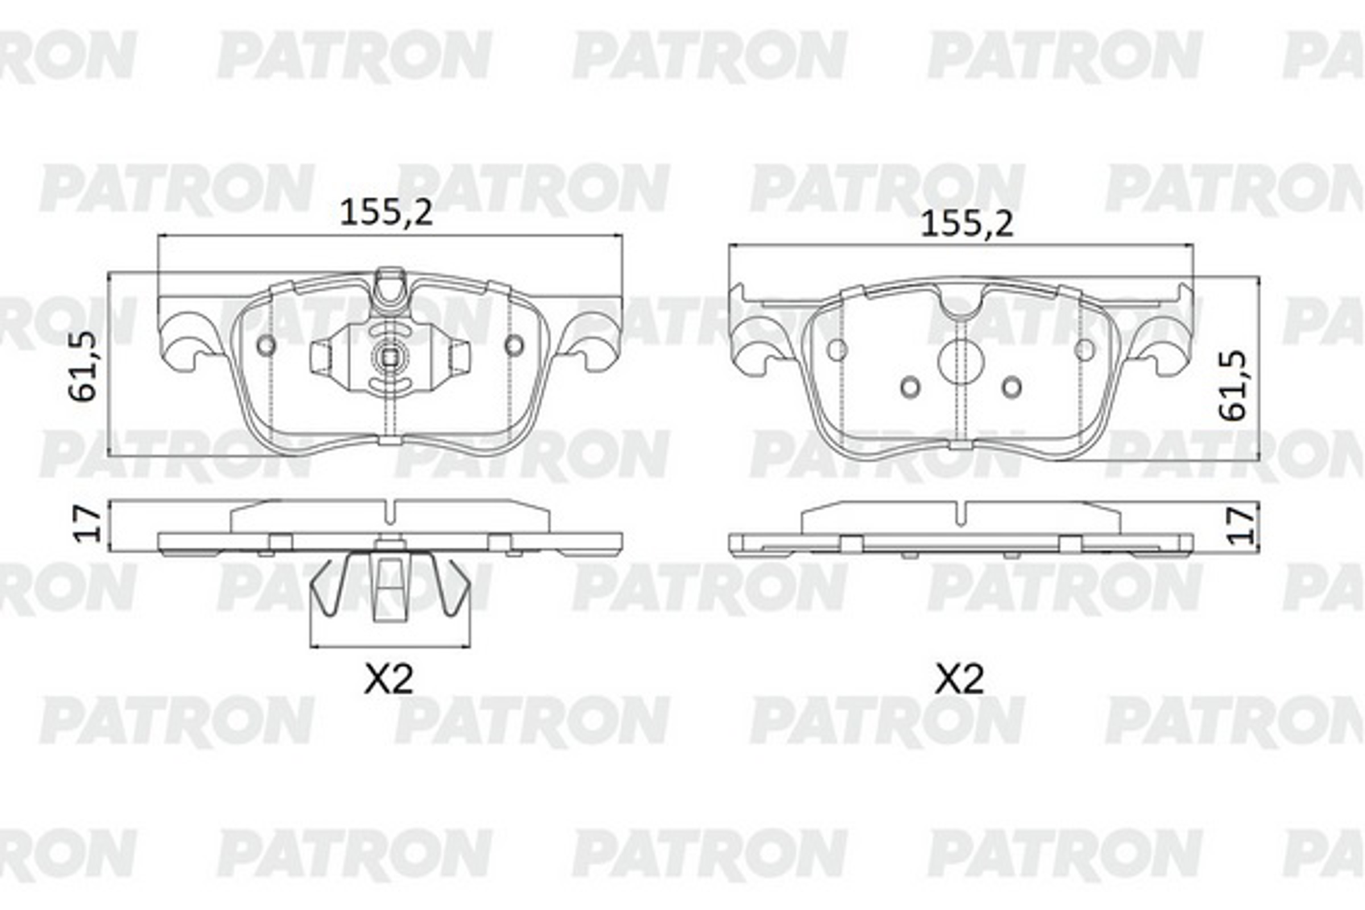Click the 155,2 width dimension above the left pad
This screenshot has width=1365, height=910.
(x=386, y=213)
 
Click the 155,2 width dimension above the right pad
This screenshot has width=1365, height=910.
(x=967, y=224)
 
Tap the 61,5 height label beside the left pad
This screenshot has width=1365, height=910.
(x=82, y=366)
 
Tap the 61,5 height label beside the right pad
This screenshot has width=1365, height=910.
(x=1231, y=385)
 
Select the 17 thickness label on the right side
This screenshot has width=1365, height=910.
(x=1240, y=525)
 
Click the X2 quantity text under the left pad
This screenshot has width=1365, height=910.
(x=388, y=679)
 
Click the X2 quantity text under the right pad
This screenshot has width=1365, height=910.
(x=959, y=679)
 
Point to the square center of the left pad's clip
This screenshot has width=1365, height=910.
(x=390, y=358)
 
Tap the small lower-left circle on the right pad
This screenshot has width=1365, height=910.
(x=911, y=387)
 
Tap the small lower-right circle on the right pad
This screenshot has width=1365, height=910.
(x=1012, y=387)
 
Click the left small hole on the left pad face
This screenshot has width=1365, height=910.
(x=266, y=345)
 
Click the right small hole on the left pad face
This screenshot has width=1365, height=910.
(x=514, y=345)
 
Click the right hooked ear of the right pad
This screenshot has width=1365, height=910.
(x=1167, y=342)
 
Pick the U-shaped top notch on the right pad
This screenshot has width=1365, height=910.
(x=961, y=305)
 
